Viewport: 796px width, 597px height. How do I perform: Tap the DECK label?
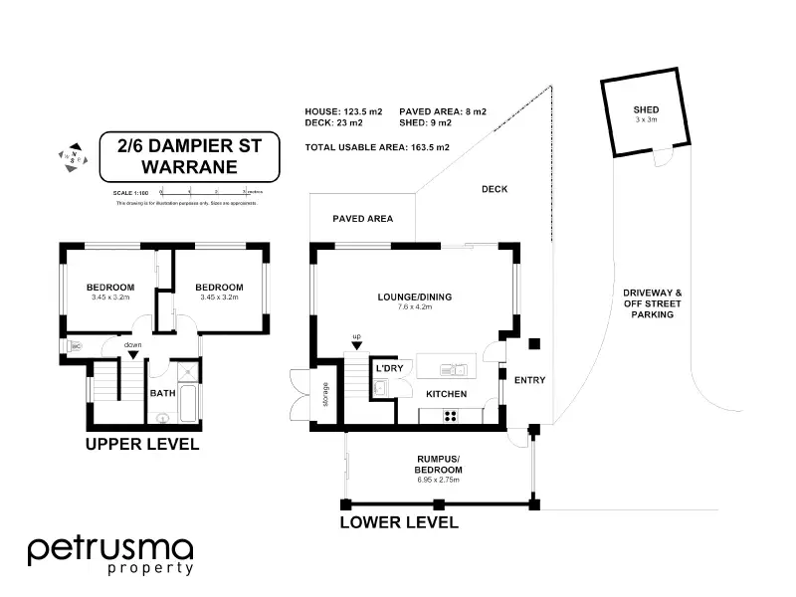(x=495, y=189)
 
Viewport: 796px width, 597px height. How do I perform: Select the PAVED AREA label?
(x=362, y=219)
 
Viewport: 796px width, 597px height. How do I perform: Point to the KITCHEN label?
(x=447, y=395)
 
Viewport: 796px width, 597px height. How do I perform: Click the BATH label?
(x=162, y=393)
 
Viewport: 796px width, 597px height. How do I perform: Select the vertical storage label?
(x=324, y=399)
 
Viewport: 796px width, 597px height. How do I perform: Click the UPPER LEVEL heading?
(x=142, y=444)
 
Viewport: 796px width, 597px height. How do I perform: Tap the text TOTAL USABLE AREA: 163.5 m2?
(x=378, y=147)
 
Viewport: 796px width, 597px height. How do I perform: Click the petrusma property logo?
(x=109, y=555)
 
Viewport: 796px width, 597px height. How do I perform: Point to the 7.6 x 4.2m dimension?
(x=414, y=308)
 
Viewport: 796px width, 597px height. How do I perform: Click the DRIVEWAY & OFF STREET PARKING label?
(x=653, y=303)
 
